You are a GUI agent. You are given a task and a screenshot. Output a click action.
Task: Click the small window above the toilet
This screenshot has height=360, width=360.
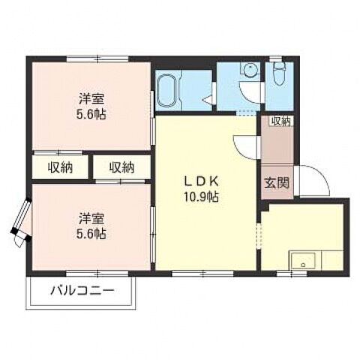(x=279, y=58)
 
